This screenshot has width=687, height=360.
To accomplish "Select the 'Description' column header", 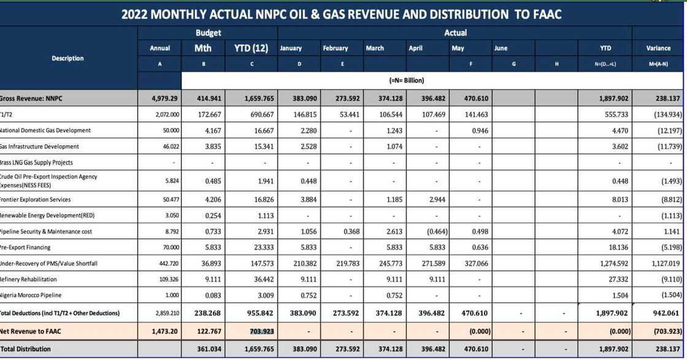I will [67, 58].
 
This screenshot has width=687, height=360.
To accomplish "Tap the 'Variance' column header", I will [658, 48].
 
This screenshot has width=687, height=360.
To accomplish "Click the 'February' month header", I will [335, 48].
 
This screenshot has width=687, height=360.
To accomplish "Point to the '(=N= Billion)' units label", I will [407, 80].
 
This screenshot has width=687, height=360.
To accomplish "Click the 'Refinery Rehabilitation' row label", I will [29, 280].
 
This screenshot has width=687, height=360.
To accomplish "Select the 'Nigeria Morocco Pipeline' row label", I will [30, 295].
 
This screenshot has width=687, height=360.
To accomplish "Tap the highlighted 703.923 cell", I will [251, 331].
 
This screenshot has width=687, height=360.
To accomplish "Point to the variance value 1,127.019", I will [664, 264].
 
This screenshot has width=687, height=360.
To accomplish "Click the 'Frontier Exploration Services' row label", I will [35, 200].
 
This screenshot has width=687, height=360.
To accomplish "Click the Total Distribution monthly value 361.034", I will [207, 349].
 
